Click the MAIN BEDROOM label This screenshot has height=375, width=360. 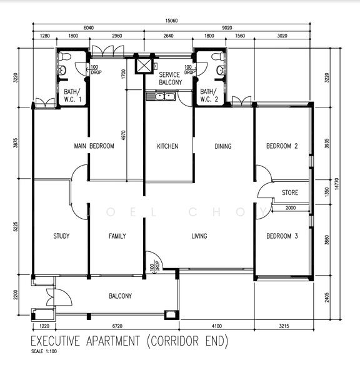point(94,146)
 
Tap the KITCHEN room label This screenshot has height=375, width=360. point(167,146)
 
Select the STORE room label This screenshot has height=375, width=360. point(290,192)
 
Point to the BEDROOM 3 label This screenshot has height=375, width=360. point(282,236)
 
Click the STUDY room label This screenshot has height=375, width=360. point(61,236)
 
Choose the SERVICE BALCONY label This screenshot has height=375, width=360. point(170,79)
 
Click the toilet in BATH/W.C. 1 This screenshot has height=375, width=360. point(64,56)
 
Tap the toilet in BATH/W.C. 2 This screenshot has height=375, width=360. point(217,56)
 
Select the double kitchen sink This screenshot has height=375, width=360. point(161,97)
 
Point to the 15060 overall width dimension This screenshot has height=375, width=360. point(171,21)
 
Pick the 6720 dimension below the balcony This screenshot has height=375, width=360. point(117,326)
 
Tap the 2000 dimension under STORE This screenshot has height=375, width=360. point(291,208)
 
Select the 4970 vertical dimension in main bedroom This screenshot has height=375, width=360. point(123,135)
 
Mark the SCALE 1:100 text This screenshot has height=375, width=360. point(44,351)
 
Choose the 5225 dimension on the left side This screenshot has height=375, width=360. point(15,227)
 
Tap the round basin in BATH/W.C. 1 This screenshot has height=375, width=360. point(62,70)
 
